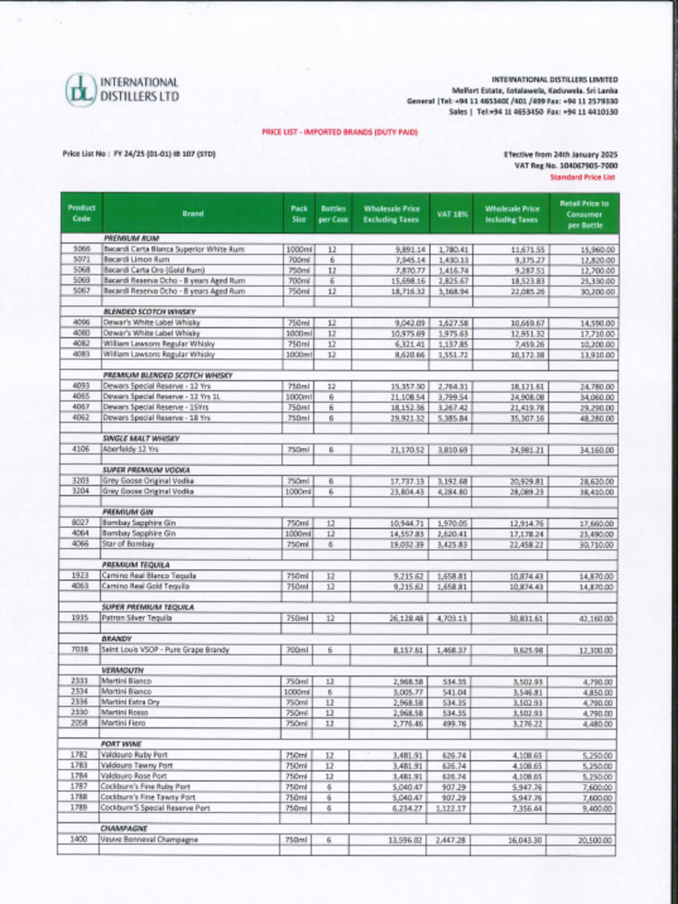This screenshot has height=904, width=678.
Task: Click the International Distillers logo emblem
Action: tap(80, 89)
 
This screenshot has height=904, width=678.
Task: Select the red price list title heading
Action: tap(339, 132)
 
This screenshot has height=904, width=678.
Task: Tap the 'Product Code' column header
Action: tap(80, 213)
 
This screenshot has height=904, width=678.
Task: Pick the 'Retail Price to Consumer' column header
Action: tap(584, 214)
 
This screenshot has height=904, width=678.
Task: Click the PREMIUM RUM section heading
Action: tap(131, 238)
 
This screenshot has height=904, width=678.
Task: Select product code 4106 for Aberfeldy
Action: tap(80, 448)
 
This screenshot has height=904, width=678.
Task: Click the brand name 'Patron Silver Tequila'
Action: tap(137, 618)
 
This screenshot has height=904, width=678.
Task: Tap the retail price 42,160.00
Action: tap(597, 618)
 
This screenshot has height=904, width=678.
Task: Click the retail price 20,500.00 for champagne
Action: tap(597, 840)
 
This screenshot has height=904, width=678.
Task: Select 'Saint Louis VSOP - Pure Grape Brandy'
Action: tap(165, 650)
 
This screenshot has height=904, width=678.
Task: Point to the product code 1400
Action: tap(79, 839)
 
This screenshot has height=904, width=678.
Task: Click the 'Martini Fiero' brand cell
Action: tap(124, 723)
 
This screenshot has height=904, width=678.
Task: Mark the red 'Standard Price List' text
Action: tap(584, 177)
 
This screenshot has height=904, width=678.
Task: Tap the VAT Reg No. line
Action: tap(566, 165)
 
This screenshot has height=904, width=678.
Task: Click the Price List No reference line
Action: tap(139, 154)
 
